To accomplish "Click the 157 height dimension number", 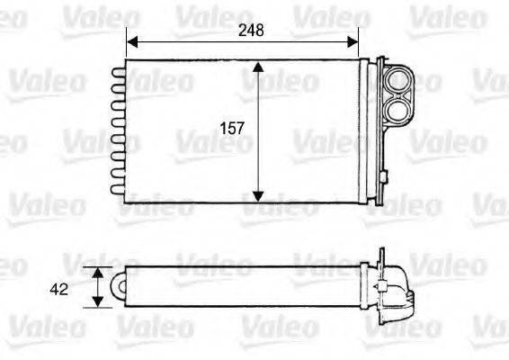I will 233,129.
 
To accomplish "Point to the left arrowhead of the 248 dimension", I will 132,41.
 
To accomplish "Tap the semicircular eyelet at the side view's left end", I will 118,286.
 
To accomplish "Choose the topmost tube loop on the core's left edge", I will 118,69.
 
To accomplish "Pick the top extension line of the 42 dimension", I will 104,266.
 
